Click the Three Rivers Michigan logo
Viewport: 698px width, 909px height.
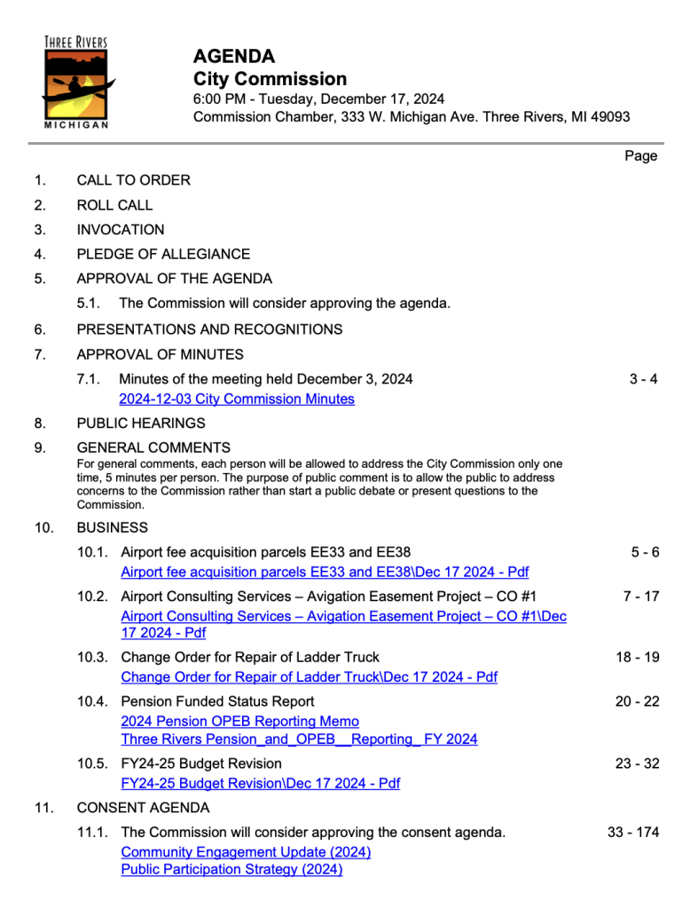76,82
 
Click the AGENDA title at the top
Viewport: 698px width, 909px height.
234,57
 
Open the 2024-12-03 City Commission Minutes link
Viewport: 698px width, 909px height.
237,399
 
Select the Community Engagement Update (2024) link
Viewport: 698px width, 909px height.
246,852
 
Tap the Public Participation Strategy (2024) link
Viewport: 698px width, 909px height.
231,869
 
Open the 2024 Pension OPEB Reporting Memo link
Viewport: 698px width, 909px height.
239,721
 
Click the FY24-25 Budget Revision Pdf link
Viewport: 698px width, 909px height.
260,783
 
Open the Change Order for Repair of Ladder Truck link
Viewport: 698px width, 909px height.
309,677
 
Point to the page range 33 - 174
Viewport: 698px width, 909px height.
633,833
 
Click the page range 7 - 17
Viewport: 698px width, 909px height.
641,596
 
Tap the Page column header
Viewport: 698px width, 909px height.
641,156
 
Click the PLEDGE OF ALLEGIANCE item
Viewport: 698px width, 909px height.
163,254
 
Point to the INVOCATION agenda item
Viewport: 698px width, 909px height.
121,229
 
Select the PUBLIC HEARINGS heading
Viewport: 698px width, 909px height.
141,423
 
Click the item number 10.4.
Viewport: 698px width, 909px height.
94,701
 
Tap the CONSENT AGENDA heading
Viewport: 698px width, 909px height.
144,808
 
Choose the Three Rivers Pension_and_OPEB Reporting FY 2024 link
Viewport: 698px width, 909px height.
299,739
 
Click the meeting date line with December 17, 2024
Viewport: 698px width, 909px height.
318,99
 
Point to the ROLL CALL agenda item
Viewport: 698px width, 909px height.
114,205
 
